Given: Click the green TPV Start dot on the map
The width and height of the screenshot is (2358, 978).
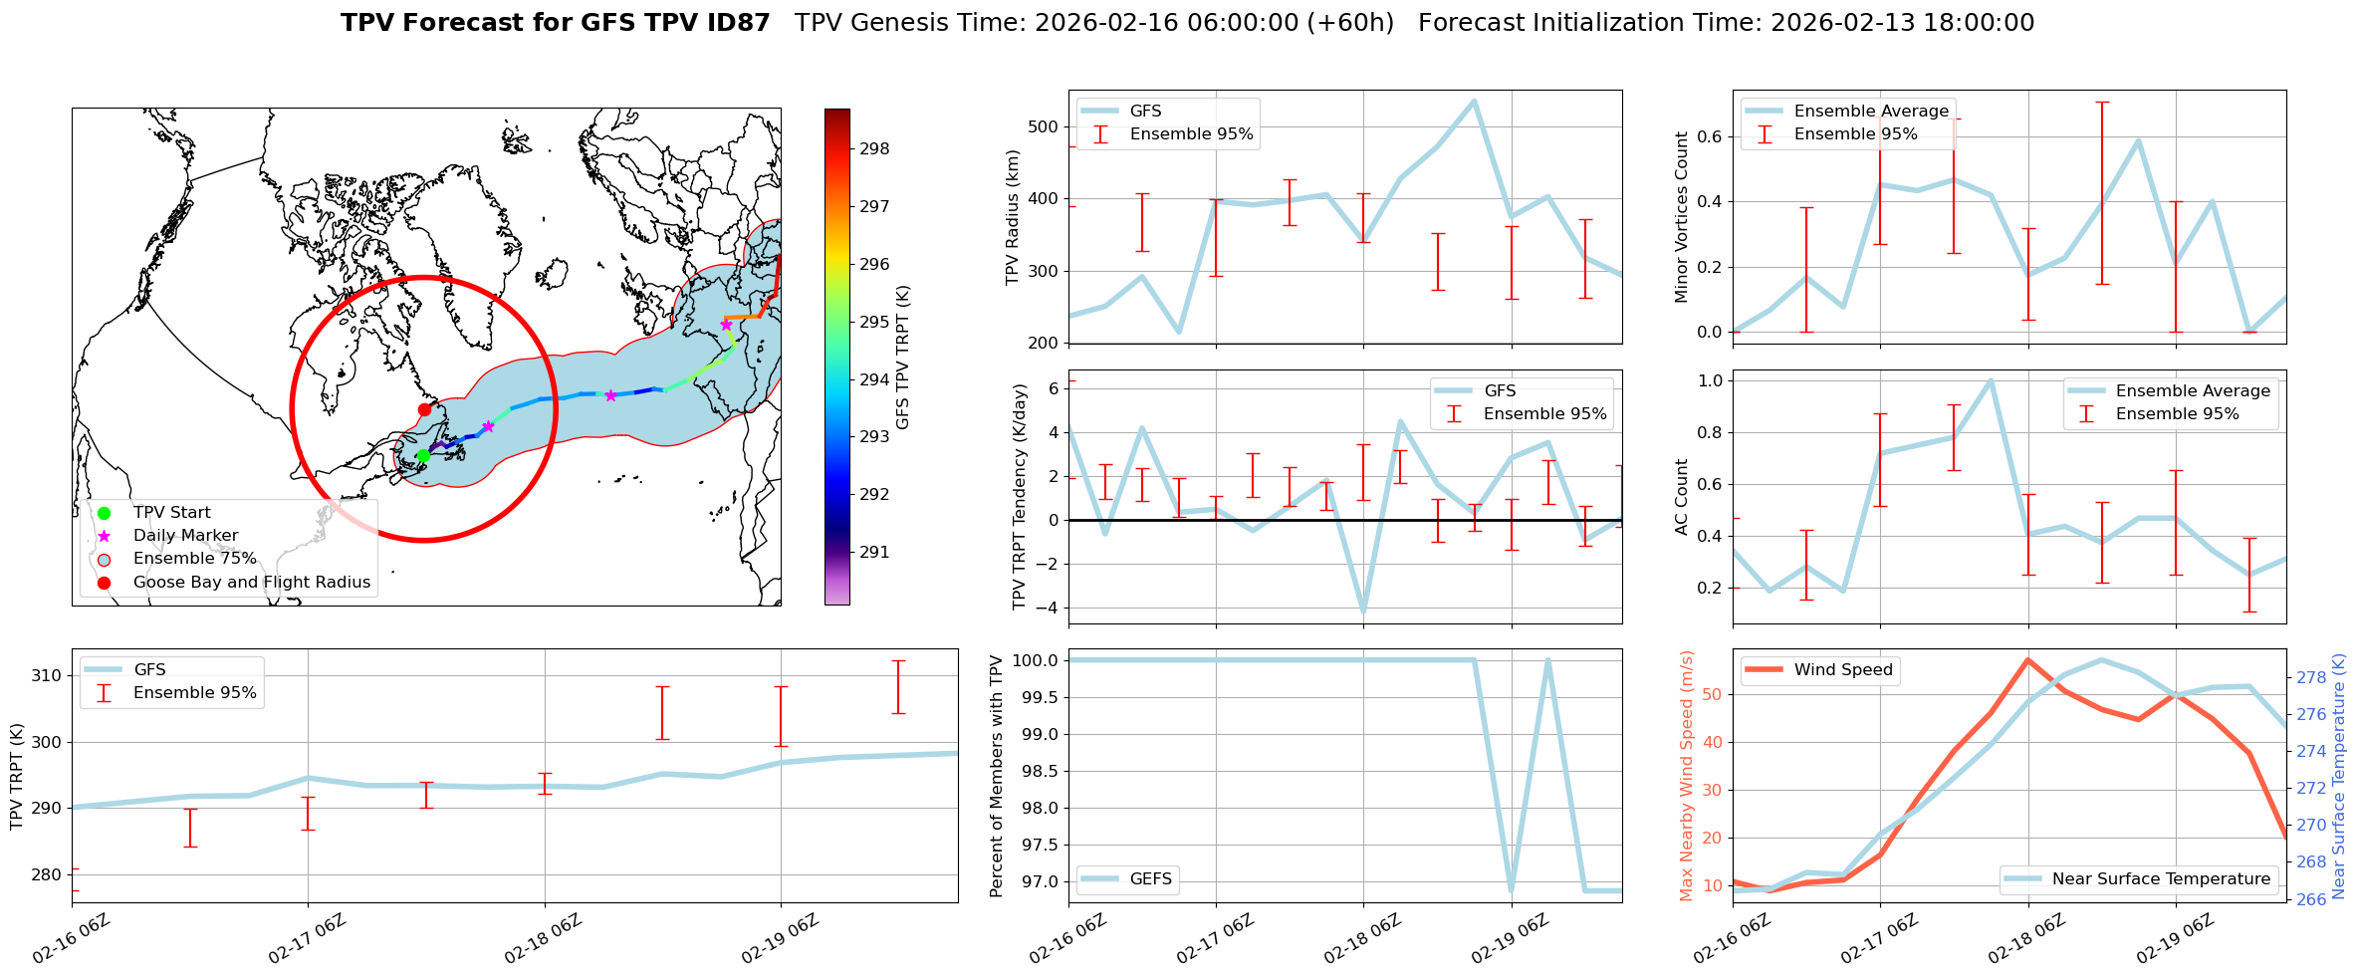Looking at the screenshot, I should [423, 455].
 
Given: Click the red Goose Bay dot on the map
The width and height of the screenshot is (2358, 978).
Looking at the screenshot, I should [424, 409].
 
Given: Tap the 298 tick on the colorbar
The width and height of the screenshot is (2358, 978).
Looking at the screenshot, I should [874, 149].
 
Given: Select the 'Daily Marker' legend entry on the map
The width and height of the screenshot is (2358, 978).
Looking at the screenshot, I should [185, 536].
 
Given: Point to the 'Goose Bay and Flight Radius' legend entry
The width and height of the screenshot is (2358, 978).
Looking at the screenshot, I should [251, 583].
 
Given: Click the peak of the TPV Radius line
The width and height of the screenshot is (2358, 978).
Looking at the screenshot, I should [1474, 101].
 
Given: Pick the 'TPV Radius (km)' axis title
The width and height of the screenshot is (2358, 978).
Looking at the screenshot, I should [1013, 217].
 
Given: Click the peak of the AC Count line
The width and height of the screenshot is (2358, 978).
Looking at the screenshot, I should [1991, 380].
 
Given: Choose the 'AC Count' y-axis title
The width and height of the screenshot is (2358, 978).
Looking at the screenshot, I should [1682, 497].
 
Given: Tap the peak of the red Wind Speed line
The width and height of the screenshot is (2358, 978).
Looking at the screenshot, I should [2027, 659].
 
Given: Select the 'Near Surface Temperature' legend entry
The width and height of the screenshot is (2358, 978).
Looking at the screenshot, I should [2161, 879].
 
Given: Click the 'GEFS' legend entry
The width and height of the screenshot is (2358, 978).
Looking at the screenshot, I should [1150, 879].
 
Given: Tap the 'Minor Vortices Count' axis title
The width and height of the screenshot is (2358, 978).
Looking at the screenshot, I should [1682, 217].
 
